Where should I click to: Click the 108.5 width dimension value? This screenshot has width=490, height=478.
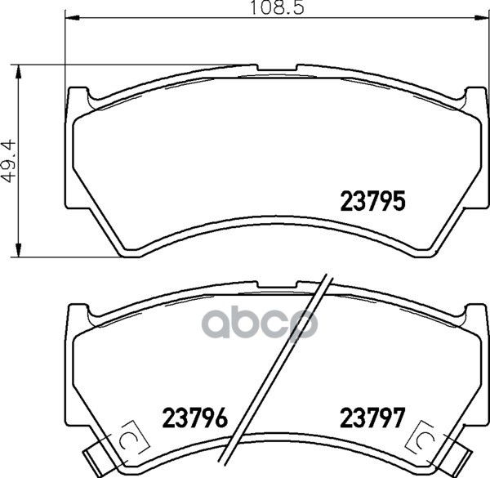pyautogui.click(x=278, y=8)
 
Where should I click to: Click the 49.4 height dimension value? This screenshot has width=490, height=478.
pyautogui.click(x=8, y=161)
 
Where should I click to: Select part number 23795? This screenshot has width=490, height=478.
pyautogui.click(x=373, y=201)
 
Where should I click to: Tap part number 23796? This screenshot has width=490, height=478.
pyautogui.click(x=194, y=418)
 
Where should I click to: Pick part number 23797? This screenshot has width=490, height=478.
pyautogui.click(x=372, y=418)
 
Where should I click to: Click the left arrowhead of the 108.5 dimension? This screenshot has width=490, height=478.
pyautogui.click(x=73, y=18)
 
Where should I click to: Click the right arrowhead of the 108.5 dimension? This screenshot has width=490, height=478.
pyautogui.click(x=480, y=18)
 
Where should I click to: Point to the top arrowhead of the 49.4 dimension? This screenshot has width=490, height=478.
pyautogui.click(x=19, y=73)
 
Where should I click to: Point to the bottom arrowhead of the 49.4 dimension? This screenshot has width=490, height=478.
pyautogui.click(x=19, y=249)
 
